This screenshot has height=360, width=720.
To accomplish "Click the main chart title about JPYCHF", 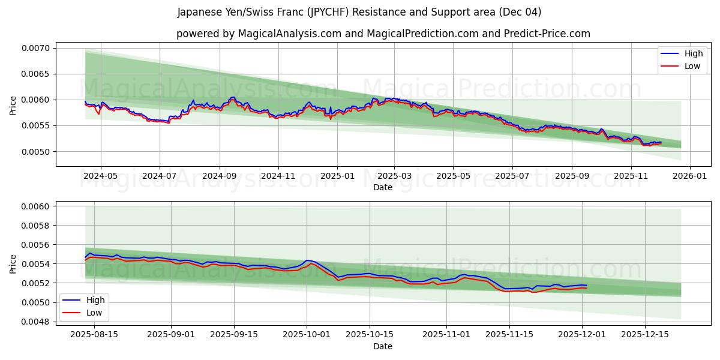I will click(359, 12).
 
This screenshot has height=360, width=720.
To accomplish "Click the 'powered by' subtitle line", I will click(383, 34).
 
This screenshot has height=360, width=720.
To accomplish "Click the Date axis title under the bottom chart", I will click(383, 346).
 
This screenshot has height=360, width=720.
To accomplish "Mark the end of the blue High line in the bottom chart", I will click(587, 286).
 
